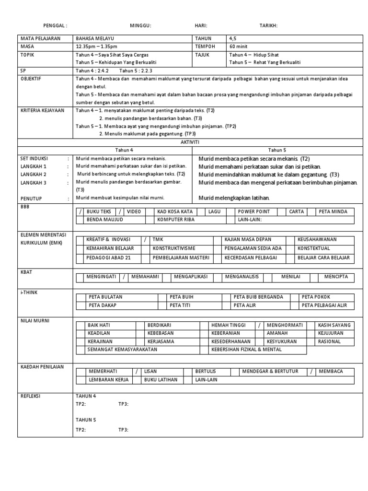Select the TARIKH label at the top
(268, 26)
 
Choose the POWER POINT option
(254, 211)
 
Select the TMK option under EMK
(158, 239)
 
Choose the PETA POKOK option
(316, 297)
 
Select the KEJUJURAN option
(331, 333)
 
